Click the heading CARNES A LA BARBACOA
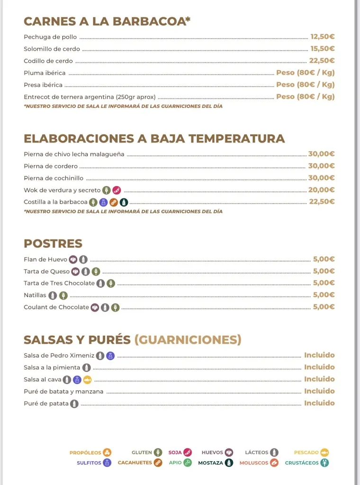point(107,22)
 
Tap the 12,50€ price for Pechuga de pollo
point(322,36)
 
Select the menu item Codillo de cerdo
point(48,61)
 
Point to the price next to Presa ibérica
point(305,85)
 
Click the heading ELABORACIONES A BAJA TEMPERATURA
point(154,139)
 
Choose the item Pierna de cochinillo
point(54,178)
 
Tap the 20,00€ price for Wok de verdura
point(321,190)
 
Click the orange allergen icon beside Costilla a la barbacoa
point(114,202)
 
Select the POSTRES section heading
point(53,244)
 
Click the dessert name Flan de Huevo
point(45,260)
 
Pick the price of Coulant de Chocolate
point(324,307)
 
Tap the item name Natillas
point(35,295)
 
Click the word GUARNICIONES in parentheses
point(188,340)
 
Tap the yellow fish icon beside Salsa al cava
point(87,380)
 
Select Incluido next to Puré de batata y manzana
point(319,391)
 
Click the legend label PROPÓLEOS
point(85,453)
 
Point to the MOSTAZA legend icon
point(229,463)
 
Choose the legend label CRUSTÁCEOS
point(302,463)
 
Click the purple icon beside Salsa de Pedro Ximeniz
point(110,356)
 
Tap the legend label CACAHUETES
point(135,463)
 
